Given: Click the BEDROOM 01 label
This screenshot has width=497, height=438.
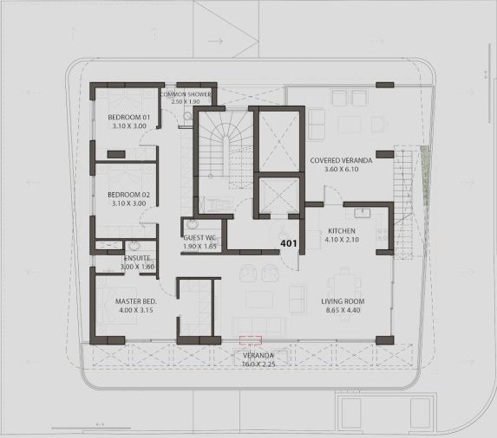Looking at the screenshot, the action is coord(128,117).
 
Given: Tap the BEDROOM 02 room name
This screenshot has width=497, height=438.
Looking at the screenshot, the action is coord(128,195).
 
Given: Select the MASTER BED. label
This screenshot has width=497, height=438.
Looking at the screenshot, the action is coord(135,301).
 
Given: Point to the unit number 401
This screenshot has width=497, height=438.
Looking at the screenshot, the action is coord(289,243).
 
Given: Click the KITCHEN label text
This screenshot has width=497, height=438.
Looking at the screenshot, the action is coord(342,231).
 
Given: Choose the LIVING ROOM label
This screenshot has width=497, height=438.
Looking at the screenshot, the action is coord(343,301).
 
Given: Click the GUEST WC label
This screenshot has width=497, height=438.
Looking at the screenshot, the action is coord(199,237).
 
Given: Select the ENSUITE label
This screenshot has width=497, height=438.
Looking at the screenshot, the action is coord(137,258).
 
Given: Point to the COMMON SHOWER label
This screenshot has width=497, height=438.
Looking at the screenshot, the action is coord(186,94).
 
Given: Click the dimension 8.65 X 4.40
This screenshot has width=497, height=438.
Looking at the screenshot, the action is coord(343,310).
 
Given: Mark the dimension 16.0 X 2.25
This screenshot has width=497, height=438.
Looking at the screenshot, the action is coord(258,364).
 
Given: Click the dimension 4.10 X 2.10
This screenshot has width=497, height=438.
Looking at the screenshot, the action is coord(342,240).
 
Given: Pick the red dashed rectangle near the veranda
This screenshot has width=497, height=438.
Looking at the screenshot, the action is coord(251,340).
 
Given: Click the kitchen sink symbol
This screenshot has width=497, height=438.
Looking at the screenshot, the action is coord(363,213).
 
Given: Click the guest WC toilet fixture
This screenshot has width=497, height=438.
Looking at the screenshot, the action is coord(192,224).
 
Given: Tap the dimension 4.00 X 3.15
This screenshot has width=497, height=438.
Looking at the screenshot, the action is coord(136,310).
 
